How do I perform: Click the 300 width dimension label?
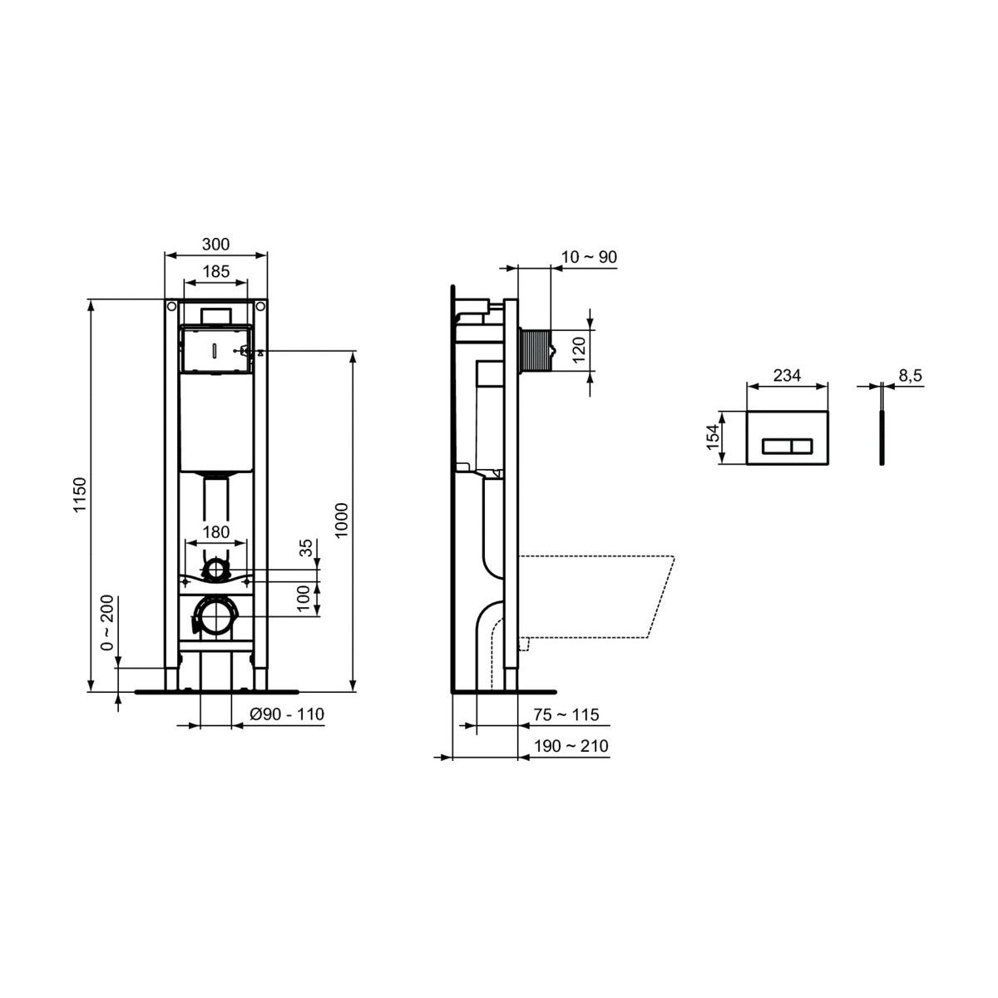point(215,244)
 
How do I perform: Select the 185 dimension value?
point(215,271)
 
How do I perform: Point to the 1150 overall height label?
point(79,495)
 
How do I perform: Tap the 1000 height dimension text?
point(342,521)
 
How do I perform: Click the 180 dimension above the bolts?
point(215,532)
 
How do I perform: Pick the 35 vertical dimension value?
point(307,548)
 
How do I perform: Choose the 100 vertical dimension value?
point(304,598)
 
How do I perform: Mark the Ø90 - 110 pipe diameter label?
point(287,714)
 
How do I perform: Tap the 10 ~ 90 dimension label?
point(590,257)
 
